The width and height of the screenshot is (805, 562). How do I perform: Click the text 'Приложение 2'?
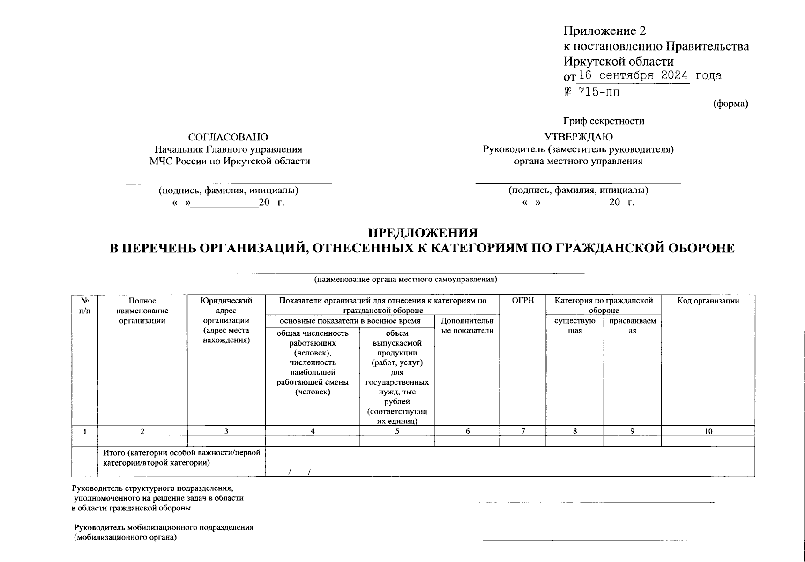coord(604,31)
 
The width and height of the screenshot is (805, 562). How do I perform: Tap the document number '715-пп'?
coord(598,92)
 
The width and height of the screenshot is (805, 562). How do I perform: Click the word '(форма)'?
coord(730,104)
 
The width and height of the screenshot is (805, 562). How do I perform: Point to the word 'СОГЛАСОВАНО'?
coord(228,137)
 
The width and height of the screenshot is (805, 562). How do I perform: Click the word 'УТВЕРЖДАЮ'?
coord(578,137)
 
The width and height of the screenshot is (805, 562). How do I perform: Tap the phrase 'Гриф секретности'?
coord(604,121)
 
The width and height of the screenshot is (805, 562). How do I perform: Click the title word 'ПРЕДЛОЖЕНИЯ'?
coord(422,233)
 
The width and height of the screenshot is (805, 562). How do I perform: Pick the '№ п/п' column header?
coord(85,305)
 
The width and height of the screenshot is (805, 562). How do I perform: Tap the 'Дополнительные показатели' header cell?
coord(467,325)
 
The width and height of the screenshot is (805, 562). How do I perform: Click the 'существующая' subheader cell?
coord(574,325)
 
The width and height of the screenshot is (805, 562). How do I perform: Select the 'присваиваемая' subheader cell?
coord(632,325)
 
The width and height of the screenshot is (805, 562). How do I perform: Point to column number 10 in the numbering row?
coord(708,431)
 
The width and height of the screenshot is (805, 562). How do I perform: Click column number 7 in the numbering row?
coord(523,431)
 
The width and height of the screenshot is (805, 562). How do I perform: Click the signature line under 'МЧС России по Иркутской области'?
coord(229,183)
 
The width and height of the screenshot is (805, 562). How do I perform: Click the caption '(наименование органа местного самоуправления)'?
coord(405,280)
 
